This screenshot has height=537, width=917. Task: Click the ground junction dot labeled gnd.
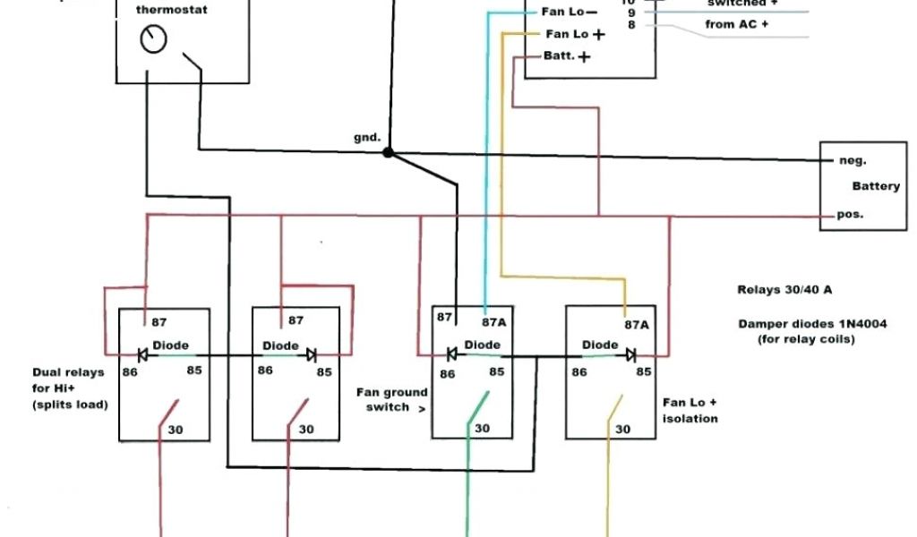tap(388, 153)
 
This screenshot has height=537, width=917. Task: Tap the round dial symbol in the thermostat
tap(154, 39)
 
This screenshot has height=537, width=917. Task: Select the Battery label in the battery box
tap(875, 186)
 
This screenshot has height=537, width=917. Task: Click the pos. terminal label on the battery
tap(850, 216)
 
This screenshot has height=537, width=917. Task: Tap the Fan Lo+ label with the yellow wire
tap(574, 34)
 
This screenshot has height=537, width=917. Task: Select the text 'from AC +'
tap(736, 24)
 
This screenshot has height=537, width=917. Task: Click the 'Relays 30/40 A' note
tap(784, 290)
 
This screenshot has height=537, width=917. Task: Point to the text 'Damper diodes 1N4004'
tap(812, 324)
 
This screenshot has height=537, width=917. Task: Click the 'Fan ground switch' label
tap(392, 399)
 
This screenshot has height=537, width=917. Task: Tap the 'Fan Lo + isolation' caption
tap(690, 411)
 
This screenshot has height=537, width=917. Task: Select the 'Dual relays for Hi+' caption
tap(68, 388)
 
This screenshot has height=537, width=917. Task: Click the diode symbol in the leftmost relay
tap(142, 354)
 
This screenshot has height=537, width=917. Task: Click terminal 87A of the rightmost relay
tap(637, 327)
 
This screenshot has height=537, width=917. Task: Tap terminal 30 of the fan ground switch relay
tap(482, 429)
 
